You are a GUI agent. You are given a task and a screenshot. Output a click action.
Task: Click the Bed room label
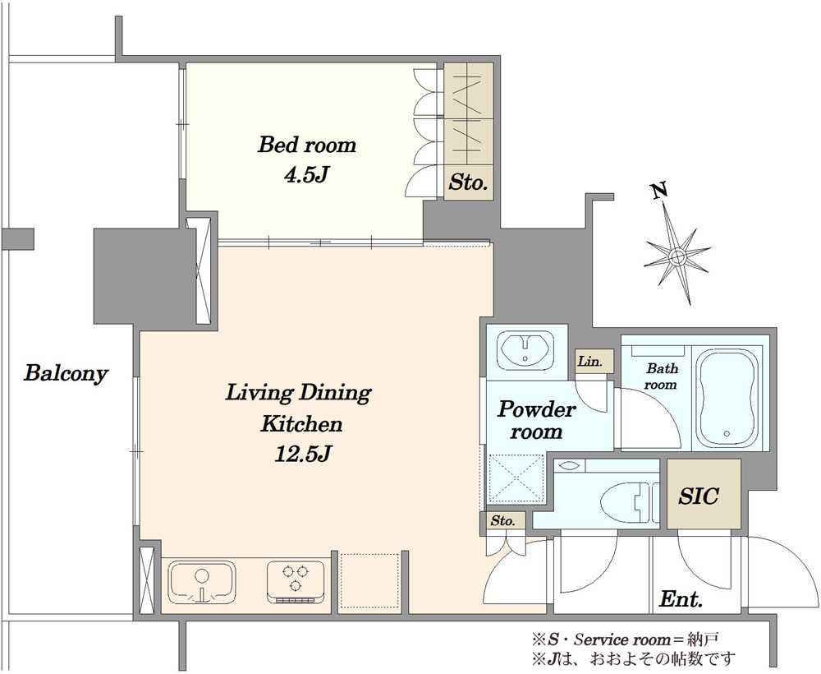click(x=307, y=145)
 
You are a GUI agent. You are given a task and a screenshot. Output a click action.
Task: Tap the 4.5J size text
click(x=305, y=175)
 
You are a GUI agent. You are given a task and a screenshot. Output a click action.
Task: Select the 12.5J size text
click(x=302, y=455)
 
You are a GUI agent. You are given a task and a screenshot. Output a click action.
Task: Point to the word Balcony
click(x=66, y=374)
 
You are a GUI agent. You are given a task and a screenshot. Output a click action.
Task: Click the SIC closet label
click(x=699, y=496)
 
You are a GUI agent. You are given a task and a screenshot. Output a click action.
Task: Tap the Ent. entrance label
click(x=681, y=598)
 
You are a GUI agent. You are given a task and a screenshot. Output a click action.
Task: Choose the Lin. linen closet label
click(x=590, y=361)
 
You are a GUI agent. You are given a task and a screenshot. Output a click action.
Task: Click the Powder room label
click(x=536, y=420)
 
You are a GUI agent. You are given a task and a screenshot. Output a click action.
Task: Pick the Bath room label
click(x=661, y=376)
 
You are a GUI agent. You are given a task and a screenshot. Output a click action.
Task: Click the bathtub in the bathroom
click(x=727, y=398)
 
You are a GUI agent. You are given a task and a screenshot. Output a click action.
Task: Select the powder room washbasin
click(x=525, y=349)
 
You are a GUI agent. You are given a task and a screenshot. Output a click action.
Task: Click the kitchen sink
click(x=202, y=582)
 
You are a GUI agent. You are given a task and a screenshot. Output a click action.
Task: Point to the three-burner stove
click(x=296, y=582)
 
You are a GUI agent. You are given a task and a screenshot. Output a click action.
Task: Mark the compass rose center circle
click(x=677, y=256)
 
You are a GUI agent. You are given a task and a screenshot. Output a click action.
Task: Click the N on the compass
click(x=659, y=191)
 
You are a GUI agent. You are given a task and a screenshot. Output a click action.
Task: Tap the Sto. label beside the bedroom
click(x=469, y=183)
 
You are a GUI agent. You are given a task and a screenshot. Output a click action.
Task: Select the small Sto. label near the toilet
click(x=502, y=521)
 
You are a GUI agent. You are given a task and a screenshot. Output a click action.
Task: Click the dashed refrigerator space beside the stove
click(x=371, y=581)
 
